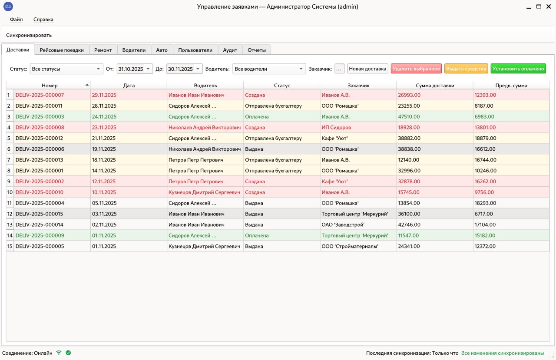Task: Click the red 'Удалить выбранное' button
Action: coord(416,69)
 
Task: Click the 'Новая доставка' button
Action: coord(367,69)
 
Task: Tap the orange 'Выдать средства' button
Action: coord(466,69)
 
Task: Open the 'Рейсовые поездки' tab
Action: coord(62,50)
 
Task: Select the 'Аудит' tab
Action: coord(230,50)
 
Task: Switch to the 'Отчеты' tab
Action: coord(257,50)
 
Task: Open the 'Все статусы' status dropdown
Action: coord(66,69)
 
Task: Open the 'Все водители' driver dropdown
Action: coord(269,69)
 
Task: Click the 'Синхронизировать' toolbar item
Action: coord(29,35)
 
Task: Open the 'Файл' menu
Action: coord(17,20)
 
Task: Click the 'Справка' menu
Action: coord(43,20)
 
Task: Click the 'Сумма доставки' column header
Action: coord(435,86)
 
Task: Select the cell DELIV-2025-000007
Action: coord(40,95)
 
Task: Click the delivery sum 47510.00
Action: coord(409,117)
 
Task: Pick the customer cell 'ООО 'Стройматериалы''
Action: coord(350,246)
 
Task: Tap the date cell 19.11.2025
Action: coord(104,149)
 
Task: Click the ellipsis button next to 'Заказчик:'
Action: coord(339,69)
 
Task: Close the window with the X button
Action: coord(549,7)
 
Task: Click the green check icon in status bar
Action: coord(68,353)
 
